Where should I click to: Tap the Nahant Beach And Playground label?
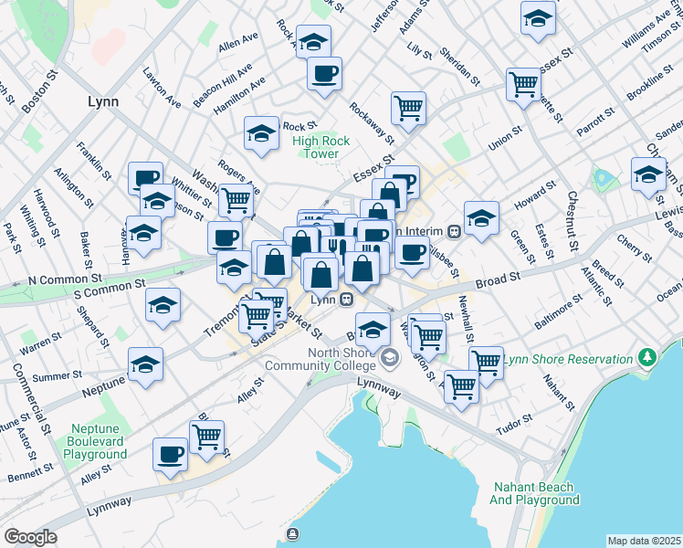tap(534, 493)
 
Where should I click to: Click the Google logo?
tap(30, 537)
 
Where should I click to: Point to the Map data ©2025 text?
tap(644, 541)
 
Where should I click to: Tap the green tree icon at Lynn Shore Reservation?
tap(648, 354)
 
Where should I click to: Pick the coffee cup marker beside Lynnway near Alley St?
tap(170, 453)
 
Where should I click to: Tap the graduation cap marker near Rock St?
tap(261, 133)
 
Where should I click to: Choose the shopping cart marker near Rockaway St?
tap(408, 107)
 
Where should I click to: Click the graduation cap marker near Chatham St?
tap(648, 173)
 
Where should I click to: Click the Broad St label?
tap(497, 274)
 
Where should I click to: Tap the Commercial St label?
tap(43, 399)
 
